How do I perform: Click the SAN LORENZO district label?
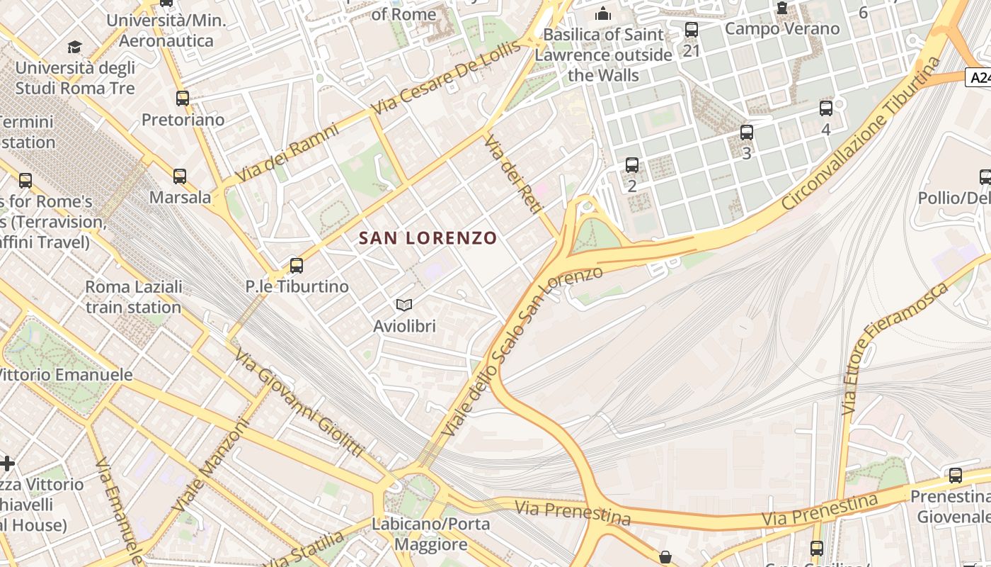point(428,238)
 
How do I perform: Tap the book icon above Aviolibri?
point(404,305)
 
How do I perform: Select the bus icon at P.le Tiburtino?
point(297,266)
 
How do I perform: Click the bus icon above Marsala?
point(180,176)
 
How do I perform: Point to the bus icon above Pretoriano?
point(183,99)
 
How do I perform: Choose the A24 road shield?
point(978,77)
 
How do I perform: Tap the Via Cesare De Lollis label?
point(446,78)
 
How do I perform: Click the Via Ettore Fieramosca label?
point(895,347)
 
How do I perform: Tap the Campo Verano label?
point(782,29)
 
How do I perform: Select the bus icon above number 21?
point(692,30)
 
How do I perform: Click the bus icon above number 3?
point(746,133)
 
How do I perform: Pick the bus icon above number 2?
point(632,165)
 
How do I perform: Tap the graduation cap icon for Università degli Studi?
point(74,47)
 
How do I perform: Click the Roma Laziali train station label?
point(134,297)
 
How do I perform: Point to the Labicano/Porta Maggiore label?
point(431,534)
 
